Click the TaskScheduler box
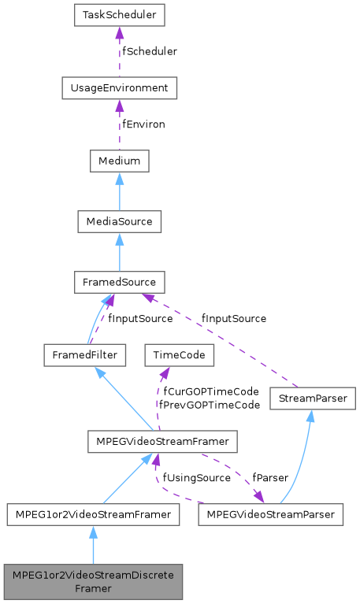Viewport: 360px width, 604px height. coord(120,15)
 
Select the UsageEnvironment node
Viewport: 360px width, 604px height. coord(120,87)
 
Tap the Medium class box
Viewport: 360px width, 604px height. coord(120,161)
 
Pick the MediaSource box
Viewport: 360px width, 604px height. coord(120,221)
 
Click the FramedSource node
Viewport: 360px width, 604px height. coord(120,282)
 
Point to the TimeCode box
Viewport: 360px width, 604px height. coord(179,355)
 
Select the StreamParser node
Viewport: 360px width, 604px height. coord(313,399)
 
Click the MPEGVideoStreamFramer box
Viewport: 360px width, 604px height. coord(162,443)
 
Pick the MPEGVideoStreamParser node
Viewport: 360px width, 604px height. coord(271,515)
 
